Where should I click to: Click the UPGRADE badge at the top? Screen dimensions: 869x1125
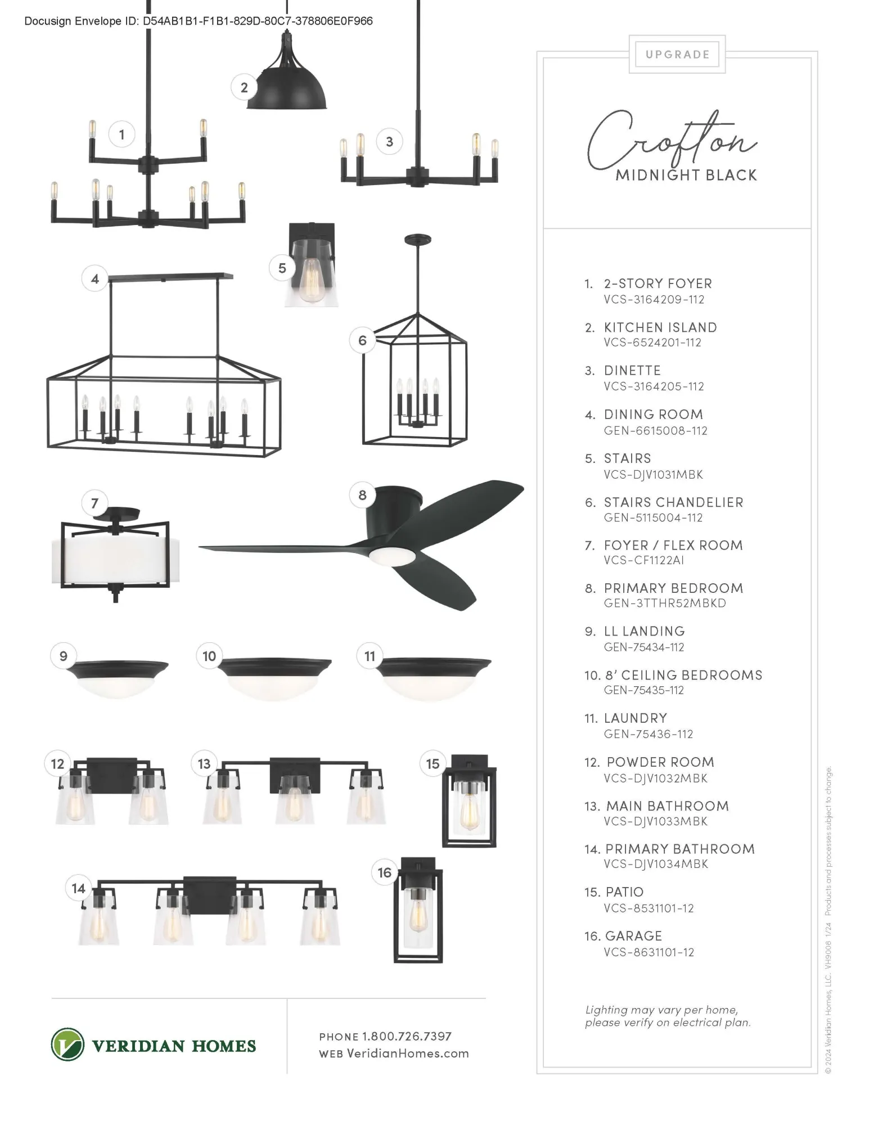point(677,55)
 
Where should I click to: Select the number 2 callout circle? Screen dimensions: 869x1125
point(244,87)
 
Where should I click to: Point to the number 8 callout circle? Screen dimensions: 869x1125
point(362,495)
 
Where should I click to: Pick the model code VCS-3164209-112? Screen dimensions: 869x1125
point(654,299)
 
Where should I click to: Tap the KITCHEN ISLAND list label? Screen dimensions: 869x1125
point(660,327)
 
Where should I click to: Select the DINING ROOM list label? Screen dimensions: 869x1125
point(654,415)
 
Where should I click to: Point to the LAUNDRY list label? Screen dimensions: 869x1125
point(636,718)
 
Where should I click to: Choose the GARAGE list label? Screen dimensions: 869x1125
point(634,936)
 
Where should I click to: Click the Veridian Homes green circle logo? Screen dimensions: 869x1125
point(67,1045)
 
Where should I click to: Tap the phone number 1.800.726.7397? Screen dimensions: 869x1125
point(407,1036)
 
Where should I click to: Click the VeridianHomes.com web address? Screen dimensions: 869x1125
point(408,1054)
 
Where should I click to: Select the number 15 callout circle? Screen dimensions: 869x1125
point(433,764)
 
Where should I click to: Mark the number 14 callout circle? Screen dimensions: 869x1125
point(78,888)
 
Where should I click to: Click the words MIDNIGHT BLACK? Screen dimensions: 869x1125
point(686,175)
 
